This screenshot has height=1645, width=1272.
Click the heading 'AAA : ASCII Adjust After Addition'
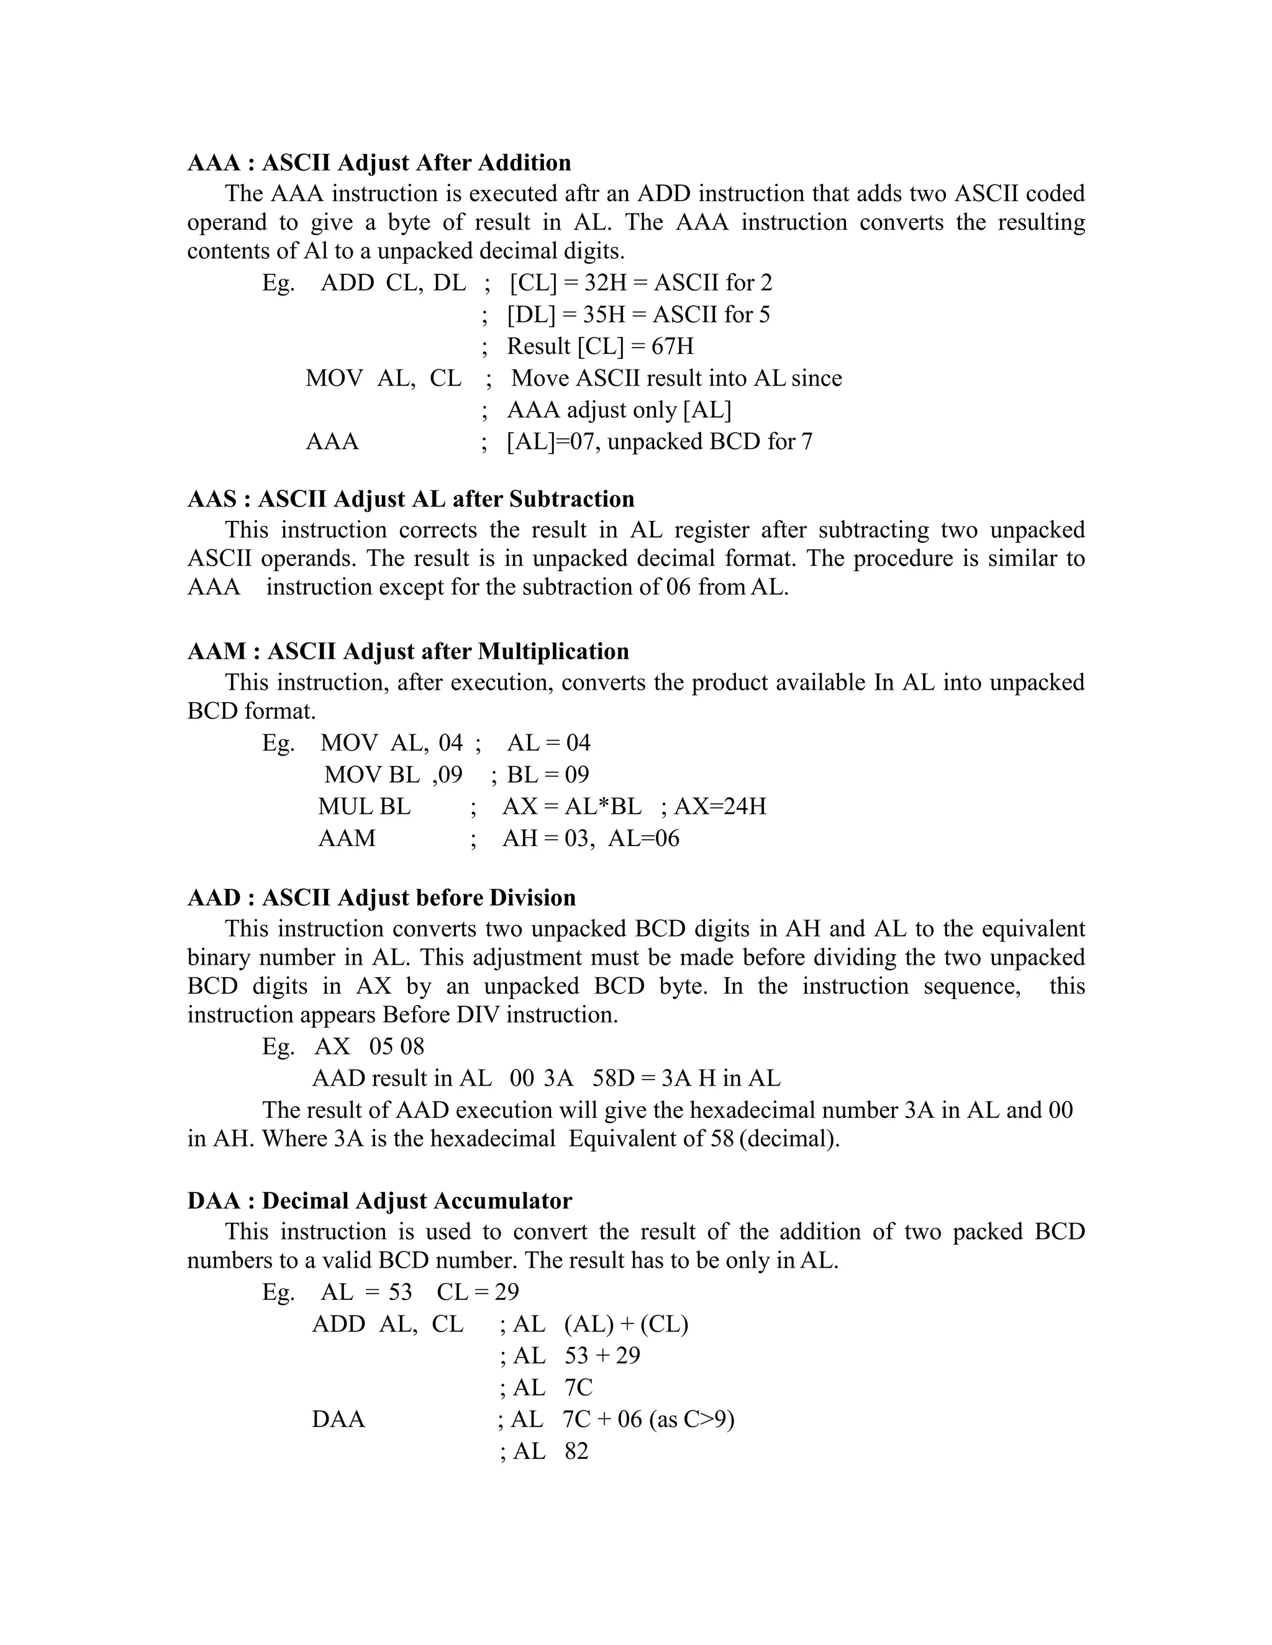coord(379,163)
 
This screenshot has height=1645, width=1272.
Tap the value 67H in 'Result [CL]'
coord(672,346)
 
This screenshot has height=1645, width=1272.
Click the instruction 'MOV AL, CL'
coord(383,378)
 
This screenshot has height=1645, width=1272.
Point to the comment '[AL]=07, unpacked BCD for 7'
coord(660,441)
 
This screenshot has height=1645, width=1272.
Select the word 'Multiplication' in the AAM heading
coord(553,652)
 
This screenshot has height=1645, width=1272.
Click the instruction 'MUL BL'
coord(364,807)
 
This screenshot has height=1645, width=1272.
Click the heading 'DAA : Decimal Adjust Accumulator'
coord(379,1201)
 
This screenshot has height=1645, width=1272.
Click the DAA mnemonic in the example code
coord(338,1420)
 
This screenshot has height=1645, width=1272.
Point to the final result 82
coord(576,1451)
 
